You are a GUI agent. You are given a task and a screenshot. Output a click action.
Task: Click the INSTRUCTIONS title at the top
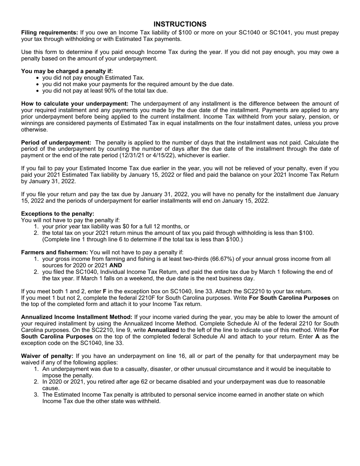coord(180,24)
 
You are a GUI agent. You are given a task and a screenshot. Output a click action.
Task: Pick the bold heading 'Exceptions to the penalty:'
coord(58,214)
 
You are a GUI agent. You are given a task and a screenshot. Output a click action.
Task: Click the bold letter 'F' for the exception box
coord(105,291)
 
